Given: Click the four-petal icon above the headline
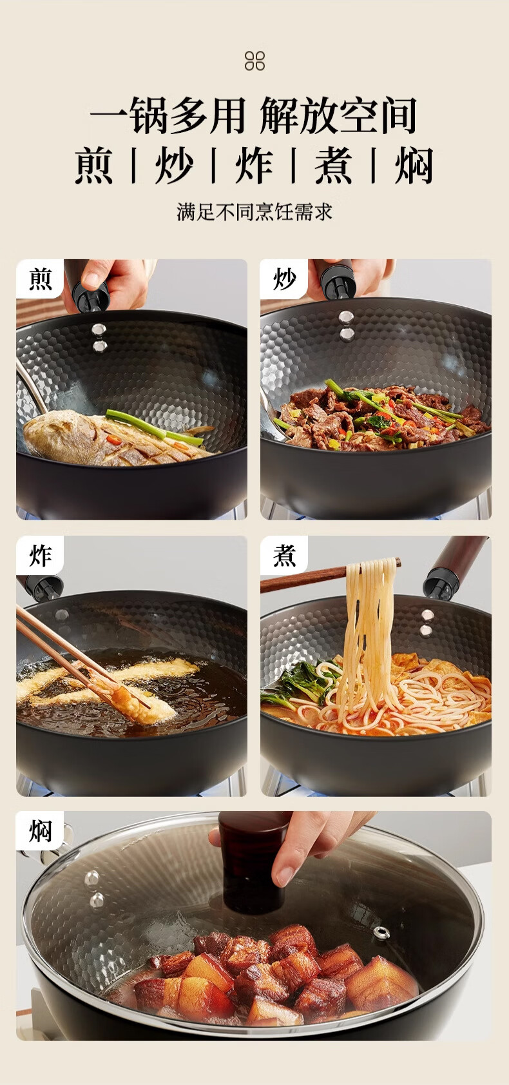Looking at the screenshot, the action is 254,61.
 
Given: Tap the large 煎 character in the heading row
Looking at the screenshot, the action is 94,166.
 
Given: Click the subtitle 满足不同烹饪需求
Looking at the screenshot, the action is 254,212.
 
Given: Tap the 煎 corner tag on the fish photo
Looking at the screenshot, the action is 40,279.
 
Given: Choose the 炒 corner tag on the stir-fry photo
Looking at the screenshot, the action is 284,279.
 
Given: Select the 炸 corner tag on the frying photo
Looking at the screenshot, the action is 40,556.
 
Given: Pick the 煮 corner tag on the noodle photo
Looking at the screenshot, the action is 284,556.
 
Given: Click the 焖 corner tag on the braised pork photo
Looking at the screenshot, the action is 40,831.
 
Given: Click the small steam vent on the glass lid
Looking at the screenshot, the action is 381,932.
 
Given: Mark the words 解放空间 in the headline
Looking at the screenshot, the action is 338,115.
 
